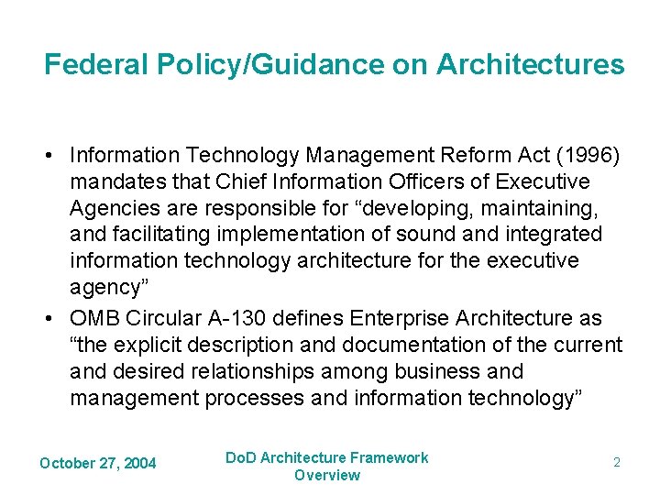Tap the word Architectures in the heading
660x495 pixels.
click(x=531, y=65)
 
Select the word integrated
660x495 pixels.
click(x=548, y=235)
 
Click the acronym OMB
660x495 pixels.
click(x=95, y=319)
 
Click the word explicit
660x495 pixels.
click(x=154, y=346)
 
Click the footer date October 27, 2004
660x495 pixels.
click(x=97, y=463)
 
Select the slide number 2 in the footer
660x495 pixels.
click(x=617, y=463)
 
